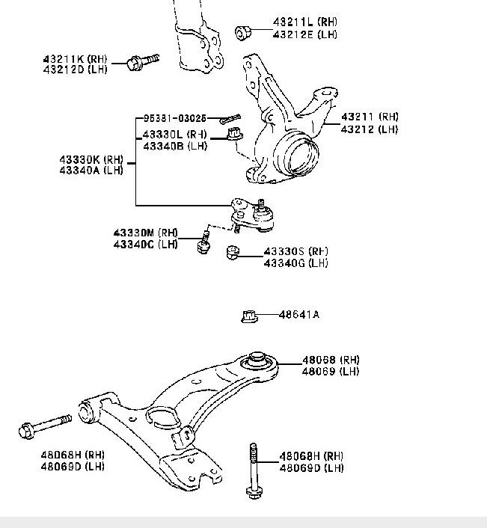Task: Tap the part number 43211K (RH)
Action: tap(76, 58)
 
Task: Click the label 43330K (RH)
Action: tap(91, 159)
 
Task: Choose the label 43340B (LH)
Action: tap(174, 145)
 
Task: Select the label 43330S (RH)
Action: tap(296, 251)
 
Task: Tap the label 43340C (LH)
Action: tap(145, 245)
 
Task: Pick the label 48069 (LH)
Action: tap(330, 371)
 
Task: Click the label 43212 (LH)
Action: tap(370, 129)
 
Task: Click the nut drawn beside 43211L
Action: tap(243, 32)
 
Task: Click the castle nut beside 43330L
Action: tap(233, 135)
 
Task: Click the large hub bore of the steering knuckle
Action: tap(298, 156)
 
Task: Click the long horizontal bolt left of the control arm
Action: tap(44, 426)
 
